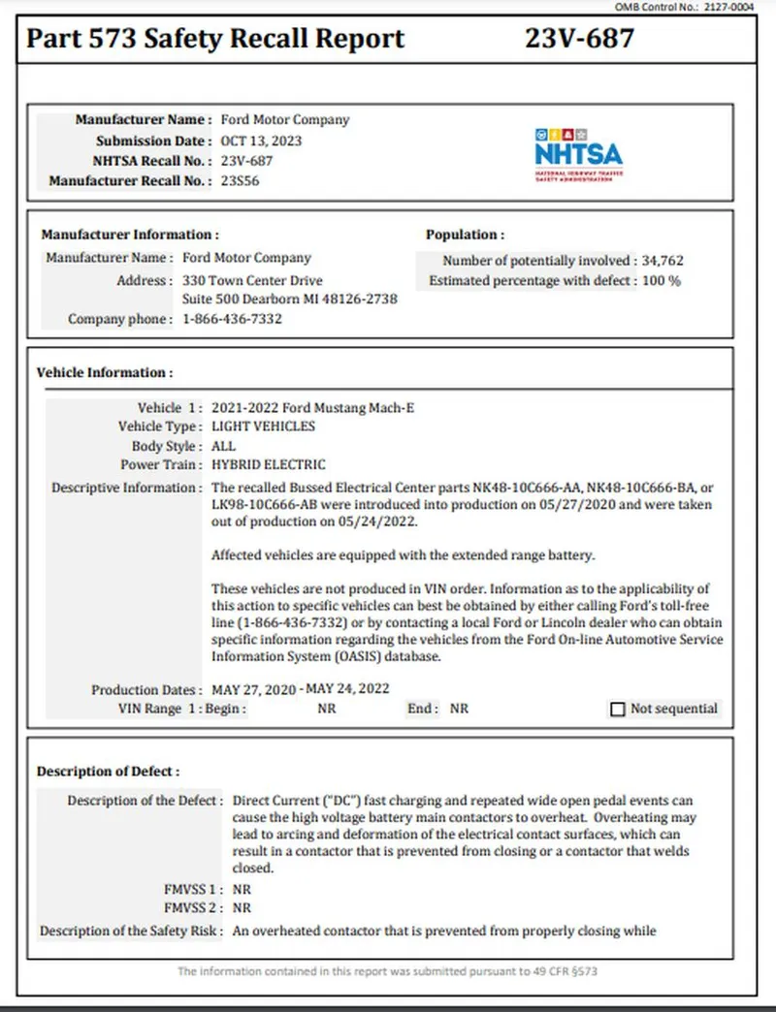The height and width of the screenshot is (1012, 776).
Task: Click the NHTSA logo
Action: [578, 154]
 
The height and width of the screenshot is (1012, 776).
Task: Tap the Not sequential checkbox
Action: [618, 710]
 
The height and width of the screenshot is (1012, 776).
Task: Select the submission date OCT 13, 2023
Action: [261, 141]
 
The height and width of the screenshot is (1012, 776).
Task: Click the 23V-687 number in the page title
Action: [579, 39]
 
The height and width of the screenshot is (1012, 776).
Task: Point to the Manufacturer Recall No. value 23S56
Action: [241, 180]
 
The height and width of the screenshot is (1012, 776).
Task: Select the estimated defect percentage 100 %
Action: [662, 281]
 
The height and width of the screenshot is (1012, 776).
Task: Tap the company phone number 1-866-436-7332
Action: [232, 319]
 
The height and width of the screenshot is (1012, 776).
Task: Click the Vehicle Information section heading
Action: [105, 372]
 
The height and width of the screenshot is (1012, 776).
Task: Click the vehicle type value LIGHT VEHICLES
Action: [263, 427]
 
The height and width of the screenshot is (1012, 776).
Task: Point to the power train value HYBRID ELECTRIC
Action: [268, 465]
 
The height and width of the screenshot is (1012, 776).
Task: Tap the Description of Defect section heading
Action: [109, 772]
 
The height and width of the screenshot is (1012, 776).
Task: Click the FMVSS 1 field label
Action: [193, 888]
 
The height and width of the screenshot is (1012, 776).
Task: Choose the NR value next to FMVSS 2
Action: [242, 908]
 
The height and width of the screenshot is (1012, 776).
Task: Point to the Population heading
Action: [465, 235]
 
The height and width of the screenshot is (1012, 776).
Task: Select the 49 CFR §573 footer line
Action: [387, 971]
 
